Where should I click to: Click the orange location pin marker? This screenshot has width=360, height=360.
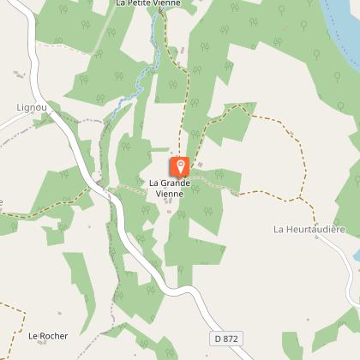[x=180, y=165]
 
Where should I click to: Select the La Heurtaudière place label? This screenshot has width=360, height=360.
[x=309, y=229]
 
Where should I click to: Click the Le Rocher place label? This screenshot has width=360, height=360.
[x=48, y=336]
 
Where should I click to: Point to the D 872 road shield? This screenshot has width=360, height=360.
[x=225, y=339]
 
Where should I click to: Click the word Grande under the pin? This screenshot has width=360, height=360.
[x=182, y=183]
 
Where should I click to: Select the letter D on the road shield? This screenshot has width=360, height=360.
[x=218, y=339]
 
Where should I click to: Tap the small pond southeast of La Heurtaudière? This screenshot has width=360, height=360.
[x=355, y=255]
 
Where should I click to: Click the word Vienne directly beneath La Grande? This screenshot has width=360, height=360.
[x=170, y=194]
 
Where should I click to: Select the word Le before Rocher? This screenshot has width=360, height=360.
[x=33, y=336]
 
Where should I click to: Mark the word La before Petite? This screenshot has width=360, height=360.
[x=121, y=4]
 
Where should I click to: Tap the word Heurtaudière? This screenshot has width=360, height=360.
[x=315, y=229]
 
